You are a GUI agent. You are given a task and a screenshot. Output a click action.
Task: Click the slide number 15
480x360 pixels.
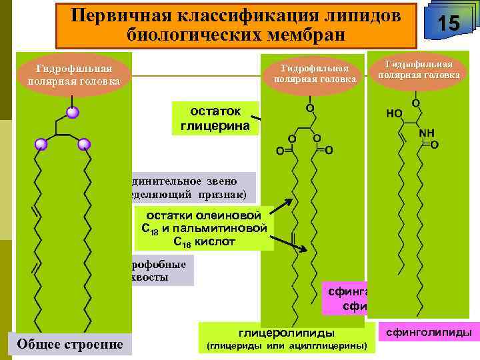449,24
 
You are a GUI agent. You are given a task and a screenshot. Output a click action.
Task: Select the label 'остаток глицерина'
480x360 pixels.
215,118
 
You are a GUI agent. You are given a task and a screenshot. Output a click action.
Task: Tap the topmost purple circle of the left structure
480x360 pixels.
72,112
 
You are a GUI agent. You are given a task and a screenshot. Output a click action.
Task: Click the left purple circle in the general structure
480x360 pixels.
41,143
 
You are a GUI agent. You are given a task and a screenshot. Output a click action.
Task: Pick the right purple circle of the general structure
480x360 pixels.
84,144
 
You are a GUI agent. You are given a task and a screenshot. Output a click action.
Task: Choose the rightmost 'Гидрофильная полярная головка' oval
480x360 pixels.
419,69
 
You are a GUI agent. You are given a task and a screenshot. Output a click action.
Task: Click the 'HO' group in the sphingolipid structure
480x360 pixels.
394,115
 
